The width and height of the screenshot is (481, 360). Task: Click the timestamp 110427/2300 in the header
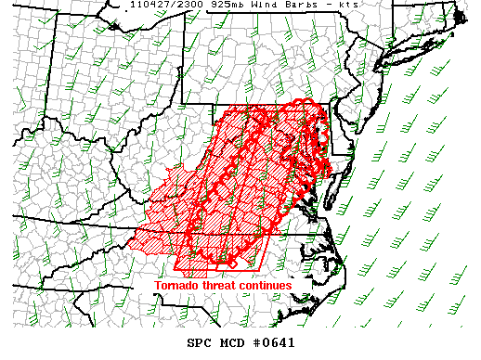click(162, 5)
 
